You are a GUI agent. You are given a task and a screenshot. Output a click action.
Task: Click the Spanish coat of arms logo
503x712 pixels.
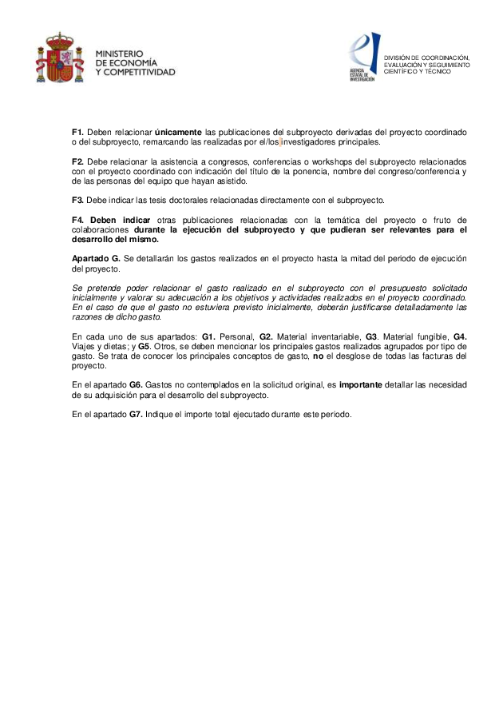(x=60, y=58)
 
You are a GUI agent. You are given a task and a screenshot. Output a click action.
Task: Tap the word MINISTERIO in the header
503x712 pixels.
(x=120, y=54)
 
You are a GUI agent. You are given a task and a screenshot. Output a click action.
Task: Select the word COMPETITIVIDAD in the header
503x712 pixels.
(x=141, y=72)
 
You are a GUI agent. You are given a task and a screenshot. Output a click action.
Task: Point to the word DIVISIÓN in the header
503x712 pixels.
(x=399, y=57)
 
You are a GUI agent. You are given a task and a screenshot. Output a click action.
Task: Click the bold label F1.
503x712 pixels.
(x=77, y=132)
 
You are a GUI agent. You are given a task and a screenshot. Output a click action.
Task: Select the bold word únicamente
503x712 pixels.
(x=178, y=132)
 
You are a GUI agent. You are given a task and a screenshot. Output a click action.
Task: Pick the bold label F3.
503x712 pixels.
(x=77, y=200)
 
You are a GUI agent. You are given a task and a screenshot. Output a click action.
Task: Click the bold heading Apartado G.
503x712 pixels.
(x=96, y=259)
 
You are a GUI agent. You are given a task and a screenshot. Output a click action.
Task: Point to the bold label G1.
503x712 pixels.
(x=209, y=337)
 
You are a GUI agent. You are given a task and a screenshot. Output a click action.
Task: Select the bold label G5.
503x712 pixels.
(x=144, y=347)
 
